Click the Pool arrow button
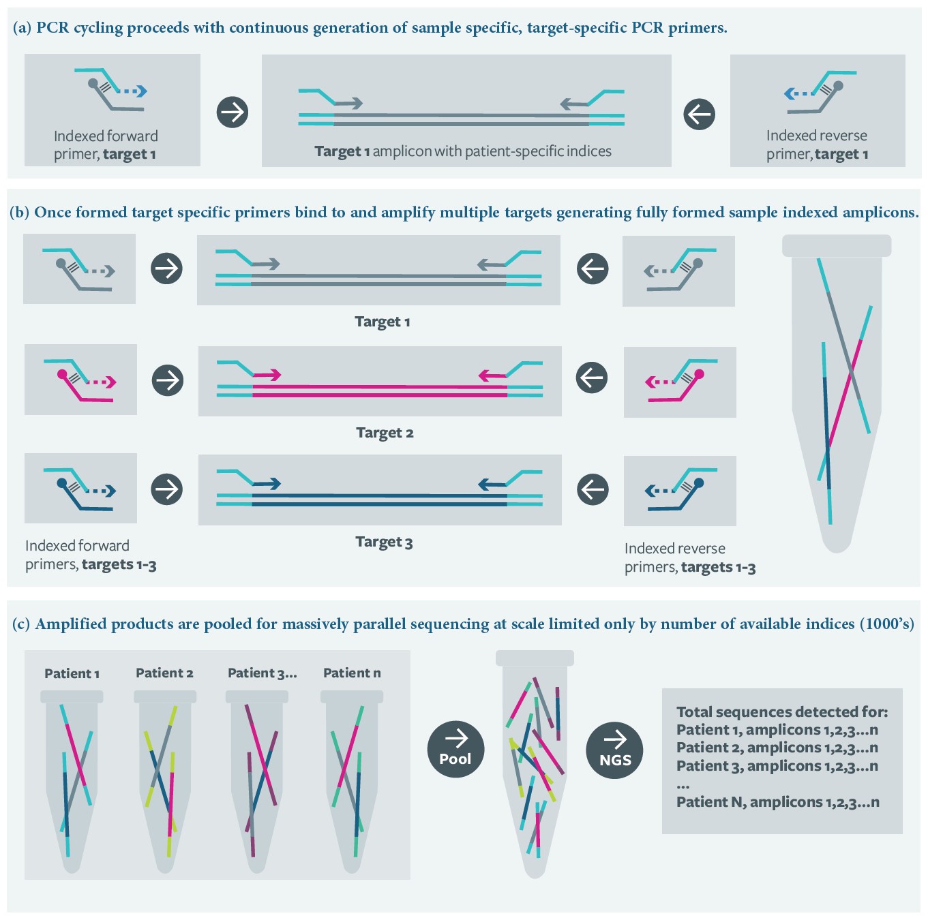click(455, 748)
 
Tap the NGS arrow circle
click(614, 750)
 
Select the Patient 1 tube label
click(72, 673)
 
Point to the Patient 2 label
click(164, 673)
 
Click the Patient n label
click(352, 673)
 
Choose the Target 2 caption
click(385, 433)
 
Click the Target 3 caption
click(384, 542)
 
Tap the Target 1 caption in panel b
click(382, 322)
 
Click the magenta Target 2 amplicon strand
click(380, 390)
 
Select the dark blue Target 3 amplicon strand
click(380, 500)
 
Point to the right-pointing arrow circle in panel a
click(233, 112)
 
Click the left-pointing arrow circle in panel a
click(699, 114)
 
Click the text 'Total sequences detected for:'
click(782, 712)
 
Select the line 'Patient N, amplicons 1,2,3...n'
click(777, 802)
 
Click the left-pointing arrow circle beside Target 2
click(592, 377)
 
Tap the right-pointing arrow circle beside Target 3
click(167, 489)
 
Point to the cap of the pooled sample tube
click(535, 658)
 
